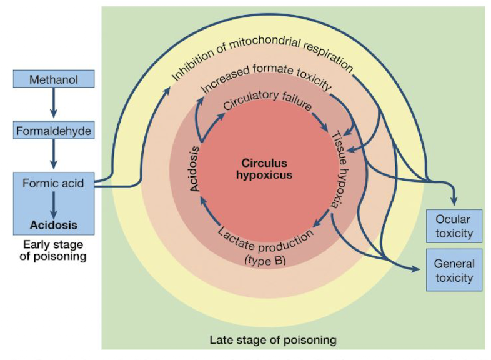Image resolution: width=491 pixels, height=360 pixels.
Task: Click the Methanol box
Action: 53,79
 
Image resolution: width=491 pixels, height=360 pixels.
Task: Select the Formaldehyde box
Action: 53,132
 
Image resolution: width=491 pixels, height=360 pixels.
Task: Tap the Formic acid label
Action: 53,184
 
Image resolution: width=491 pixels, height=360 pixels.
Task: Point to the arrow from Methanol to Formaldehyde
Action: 53,105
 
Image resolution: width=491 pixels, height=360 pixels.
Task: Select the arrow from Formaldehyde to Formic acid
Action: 53,157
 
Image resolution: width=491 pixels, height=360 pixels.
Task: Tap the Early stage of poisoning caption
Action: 53,250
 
